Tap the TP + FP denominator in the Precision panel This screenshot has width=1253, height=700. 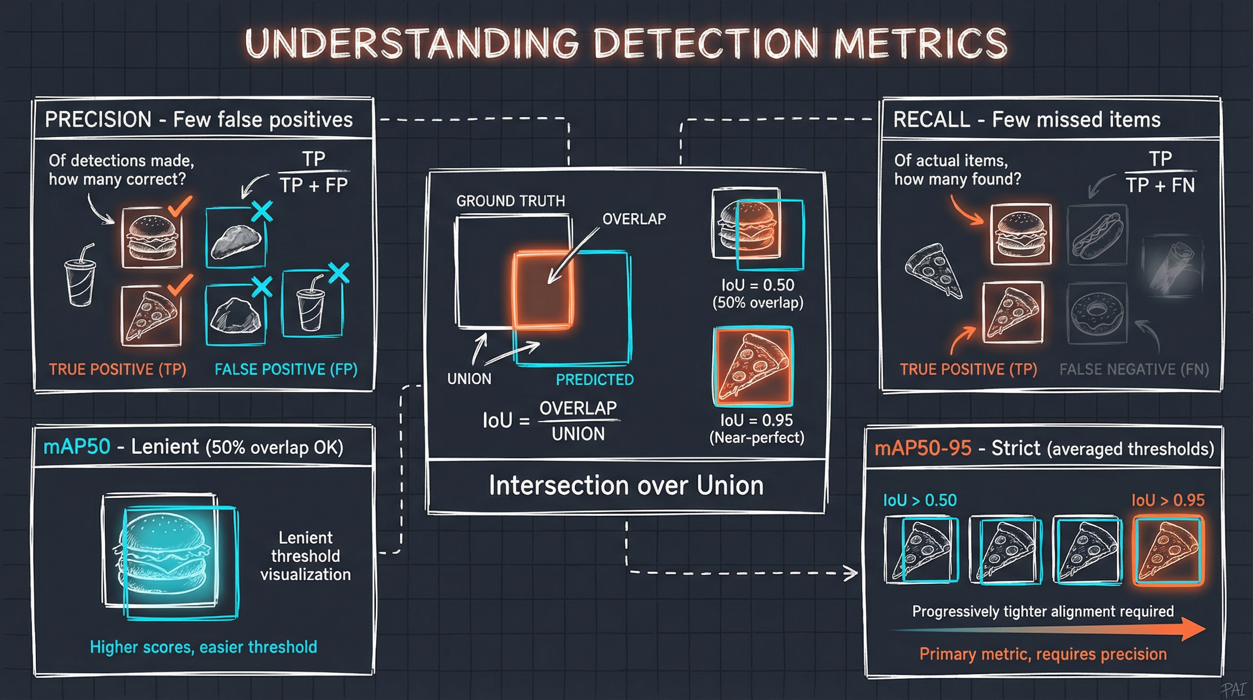point(314,185)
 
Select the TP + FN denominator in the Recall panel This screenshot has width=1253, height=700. point(1160,185)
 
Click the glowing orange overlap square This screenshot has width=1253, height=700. point(542,291)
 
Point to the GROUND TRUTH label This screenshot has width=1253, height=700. point(510,201)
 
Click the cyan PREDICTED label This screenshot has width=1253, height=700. point(594,379)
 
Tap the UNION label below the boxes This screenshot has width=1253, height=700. point(469,378)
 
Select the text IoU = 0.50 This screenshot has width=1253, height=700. point(757,285)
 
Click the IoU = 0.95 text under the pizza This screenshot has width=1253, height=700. point(756,420)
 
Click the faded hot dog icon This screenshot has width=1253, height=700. point(1097,235)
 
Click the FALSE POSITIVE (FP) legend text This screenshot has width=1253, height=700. point(286,369)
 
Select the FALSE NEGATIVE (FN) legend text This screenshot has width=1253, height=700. point(1134,369)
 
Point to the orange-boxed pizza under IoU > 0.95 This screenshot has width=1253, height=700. point(1168,550)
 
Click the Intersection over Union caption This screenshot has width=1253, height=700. point(626,485)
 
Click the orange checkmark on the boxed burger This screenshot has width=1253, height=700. point(179,206)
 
